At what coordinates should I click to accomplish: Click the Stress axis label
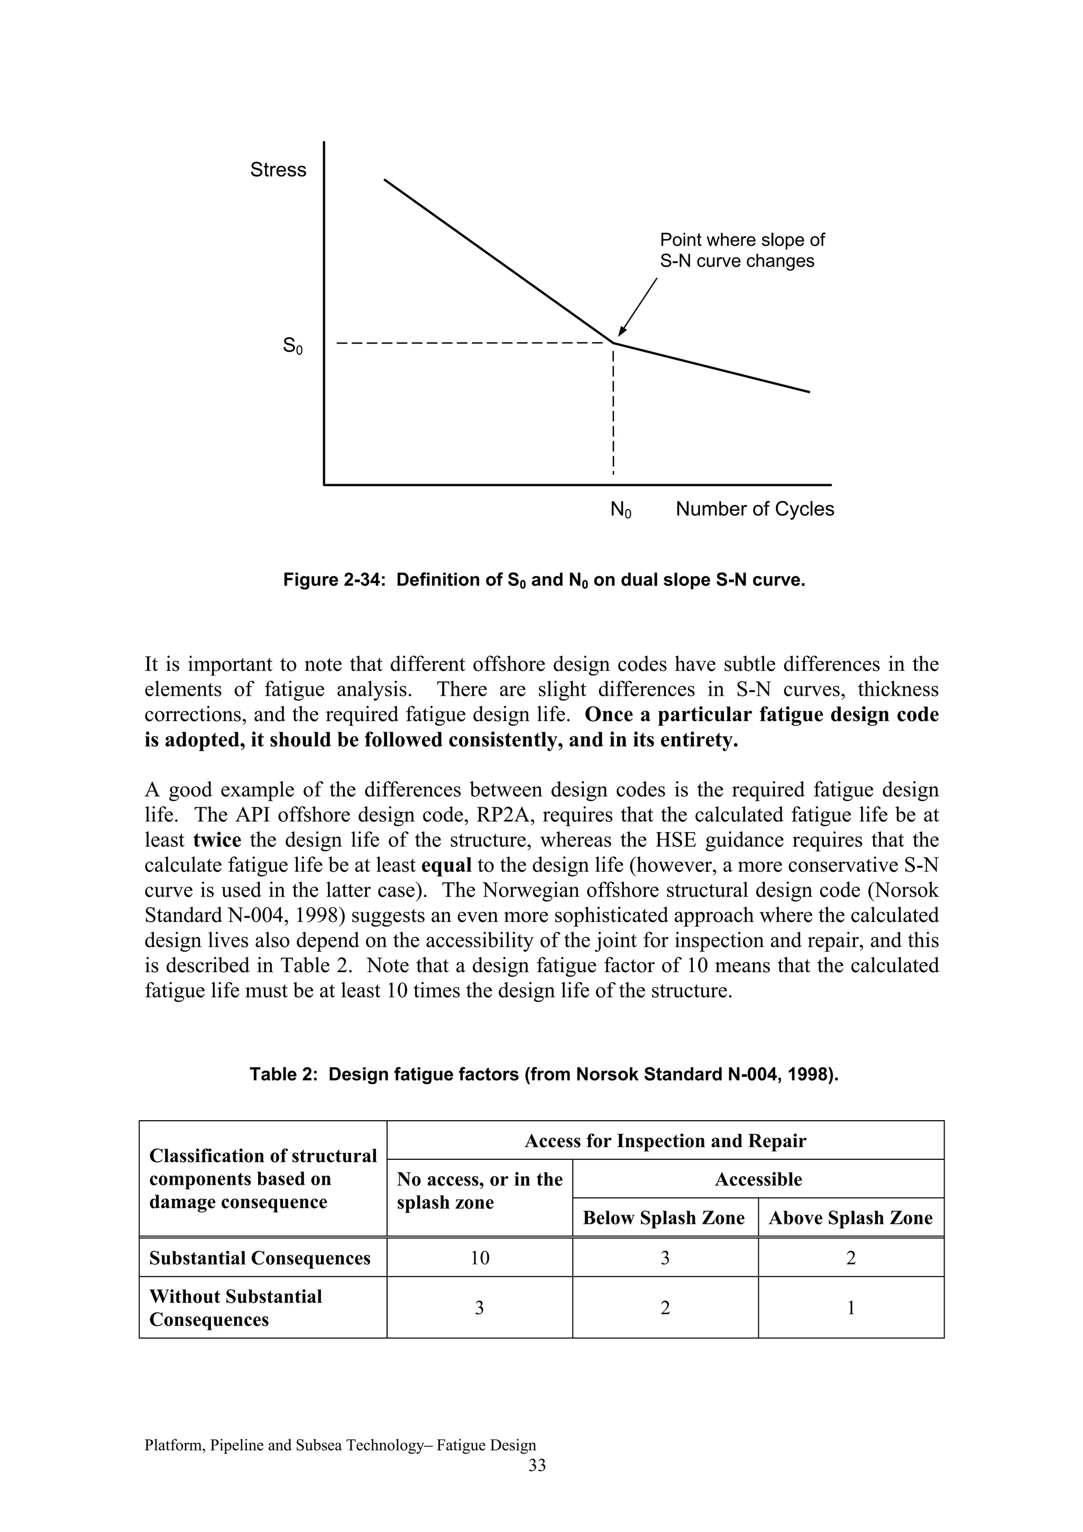pos(278,170)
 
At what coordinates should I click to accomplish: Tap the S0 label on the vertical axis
pos(292,346)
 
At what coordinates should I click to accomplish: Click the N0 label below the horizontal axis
pos(621,510)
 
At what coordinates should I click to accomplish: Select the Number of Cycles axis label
pos(755,509)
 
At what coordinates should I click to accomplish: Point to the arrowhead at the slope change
pos(622,331)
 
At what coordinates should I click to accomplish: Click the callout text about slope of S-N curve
pos(741,250)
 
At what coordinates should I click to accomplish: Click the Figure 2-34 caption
pos(544,580)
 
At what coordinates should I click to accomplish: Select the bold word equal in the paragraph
pos(446,865)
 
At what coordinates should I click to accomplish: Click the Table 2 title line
pos(544,1074)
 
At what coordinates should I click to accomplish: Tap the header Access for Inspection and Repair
pos(665,1141)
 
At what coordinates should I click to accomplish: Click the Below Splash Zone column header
pos(664,1218)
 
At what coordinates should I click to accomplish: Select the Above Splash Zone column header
pos(850,1218)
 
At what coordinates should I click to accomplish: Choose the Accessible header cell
pos(758,1179)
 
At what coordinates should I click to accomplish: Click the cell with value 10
pos(479,1258)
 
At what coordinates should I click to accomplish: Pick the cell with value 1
pos(850,1308)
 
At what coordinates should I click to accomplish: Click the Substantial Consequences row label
pos(260,1258)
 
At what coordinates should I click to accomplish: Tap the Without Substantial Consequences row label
pos(235,1308)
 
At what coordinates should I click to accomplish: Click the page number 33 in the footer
pos(537,1465)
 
